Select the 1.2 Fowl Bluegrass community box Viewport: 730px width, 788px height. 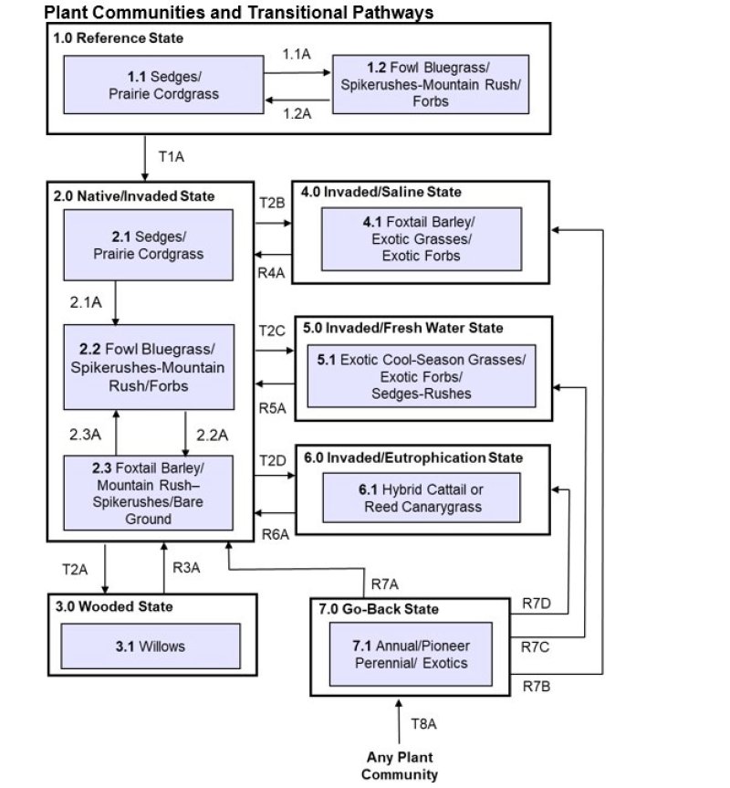pos(431,84)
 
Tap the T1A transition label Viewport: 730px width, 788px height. pos(172,156)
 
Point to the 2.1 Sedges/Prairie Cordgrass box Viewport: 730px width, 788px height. pos(148,246)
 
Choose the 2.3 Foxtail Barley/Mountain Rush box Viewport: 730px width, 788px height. pos(148,492)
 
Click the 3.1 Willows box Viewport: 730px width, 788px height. pos(151,646)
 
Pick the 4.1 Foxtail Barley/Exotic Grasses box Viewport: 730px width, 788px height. pos(422,239)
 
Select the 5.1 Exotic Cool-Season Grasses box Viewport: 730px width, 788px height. pos(421,376)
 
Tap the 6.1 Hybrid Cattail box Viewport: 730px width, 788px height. pos(421,498)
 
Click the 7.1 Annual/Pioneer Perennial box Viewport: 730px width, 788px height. pos(410,655)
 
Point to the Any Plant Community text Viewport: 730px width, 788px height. pos(399,766)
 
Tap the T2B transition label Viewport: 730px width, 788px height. pos(273,203)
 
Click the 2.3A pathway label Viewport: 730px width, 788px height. pos(84,434)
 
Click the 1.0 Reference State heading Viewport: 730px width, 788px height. pos(119,38)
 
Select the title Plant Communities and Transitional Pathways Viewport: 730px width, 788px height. pos(238,12)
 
